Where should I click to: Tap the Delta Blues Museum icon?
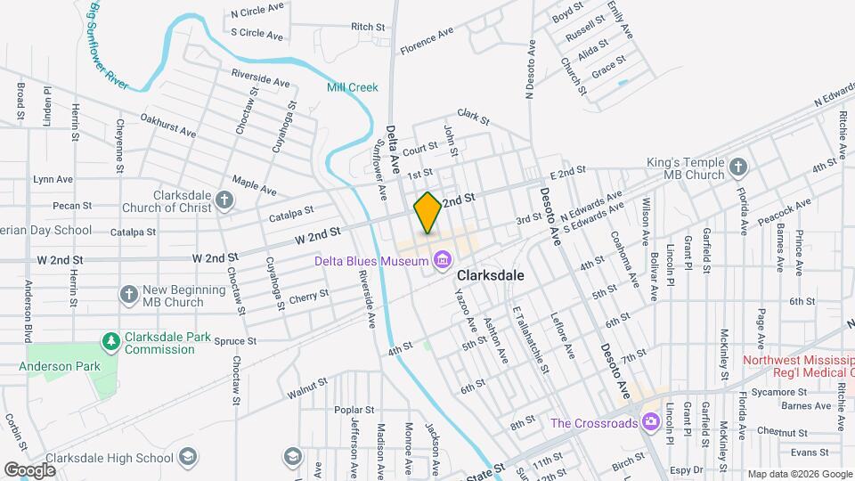point(441,260)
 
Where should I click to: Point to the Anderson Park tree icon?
point(111,341)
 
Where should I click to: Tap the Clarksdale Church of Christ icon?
point(225,201)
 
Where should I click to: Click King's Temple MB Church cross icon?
point(737,167)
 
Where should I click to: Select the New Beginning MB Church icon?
point(130,295)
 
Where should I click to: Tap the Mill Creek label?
point(353,87)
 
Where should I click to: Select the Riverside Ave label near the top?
point(260,78)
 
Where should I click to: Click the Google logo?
point(30,469)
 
